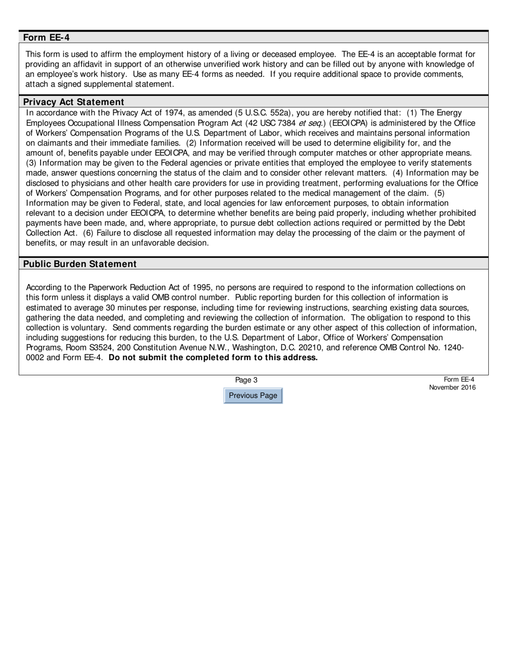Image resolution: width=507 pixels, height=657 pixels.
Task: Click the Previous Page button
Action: tap(253, 396)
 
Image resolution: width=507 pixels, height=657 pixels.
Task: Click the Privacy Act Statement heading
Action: tap(74, 101)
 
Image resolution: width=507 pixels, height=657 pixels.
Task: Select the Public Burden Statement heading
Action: tap(80, 264)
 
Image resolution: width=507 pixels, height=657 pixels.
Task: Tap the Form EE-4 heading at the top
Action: tap(46, 37)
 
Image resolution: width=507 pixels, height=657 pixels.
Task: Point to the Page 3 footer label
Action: tap(246, 380)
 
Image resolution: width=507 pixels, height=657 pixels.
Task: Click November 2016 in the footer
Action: tap(451, 388)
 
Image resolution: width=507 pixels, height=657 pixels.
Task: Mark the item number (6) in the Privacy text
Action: tap(89, 233)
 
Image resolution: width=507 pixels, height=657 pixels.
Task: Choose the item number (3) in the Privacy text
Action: tap(31, 163)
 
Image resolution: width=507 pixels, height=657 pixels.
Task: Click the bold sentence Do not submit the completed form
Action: tap(212, 358)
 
